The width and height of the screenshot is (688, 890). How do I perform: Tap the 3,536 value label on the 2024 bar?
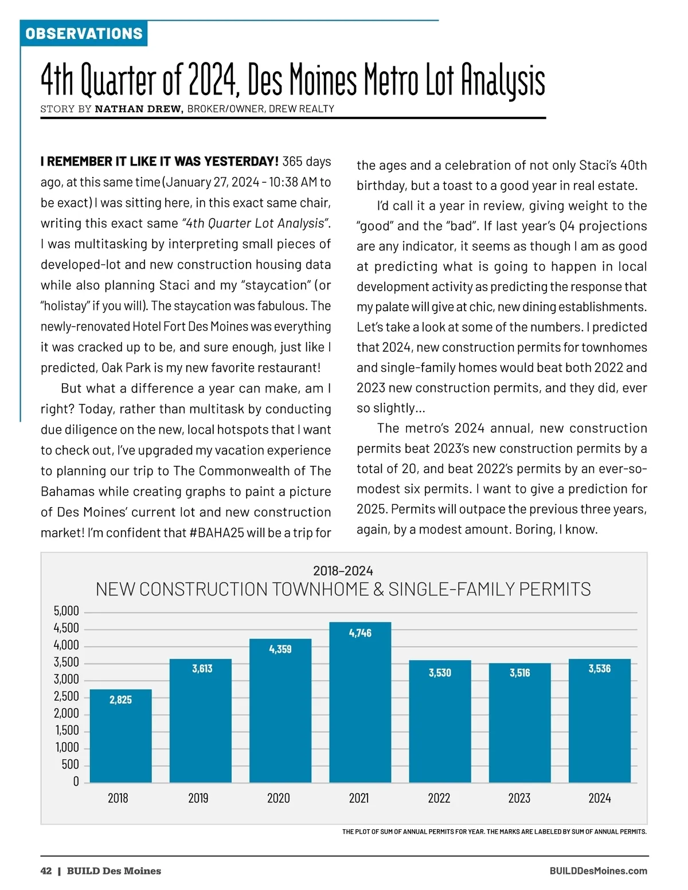[x=599, y=669]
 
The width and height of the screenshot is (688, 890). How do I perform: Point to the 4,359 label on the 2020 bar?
[x=280, y=649]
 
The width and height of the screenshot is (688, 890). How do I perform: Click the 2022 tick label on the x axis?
[x=439, y=798]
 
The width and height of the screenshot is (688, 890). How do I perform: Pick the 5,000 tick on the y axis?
[x=67, y=611]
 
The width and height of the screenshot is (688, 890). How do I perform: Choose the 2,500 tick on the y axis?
[x=67, y=696]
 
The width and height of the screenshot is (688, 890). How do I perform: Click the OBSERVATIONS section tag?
[x=84, y=34]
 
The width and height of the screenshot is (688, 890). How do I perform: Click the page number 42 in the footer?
[x=46, y=871]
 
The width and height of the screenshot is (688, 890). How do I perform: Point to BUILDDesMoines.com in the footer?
[x=598, y=871]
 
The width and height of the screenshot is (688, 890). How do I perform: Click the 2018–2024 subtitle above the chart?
[x=343, y=571]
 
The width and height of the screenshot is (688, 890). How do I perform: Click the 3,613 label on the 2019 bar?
[x=202, y=669]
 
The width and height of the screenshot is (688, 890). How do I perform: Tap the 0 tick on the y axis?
[x=76, y=782]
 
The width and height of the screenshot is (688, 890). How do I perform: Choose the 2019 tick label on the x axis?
[x=198, y=798]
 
